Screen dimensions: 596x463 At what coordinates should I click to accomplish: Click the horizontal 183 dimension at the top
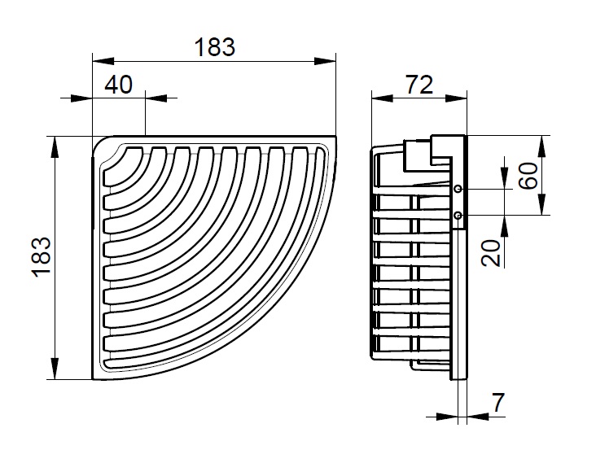[215, 47]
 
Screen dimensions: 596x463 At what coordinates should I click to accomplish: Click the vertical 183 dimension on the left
[41, 257]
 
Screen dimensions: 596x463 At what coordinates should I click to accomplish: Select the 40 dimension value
[119, 85]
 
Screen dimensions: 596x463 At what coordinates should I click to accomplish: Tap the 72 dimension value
[419, 85]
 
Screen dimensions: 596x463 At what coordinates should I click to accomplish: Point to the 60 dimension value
[529, 175]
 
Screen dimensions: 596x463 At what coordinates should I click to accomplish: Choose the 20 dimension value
[491, 252]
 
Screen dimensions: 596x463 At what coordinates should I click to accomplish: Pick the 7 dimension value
[498, 402]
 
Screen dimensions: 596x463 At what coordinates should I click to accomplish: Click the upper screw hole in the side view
[458, 189]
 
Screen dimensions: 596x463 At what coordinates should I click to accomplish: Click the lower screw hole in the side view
[458, 216]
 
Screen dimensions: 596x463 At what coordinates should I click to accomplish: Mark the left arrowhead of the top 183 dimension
[103, 61]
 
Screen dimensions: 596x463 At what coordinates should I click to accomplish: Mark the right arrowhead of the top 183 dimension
[326, 61]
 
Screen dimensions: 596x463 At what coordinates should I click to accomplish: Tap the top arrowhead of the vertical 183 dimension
[55, 146]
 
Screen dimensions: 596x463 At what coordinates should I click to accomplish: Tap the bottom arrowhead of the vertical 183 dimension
[55, 369]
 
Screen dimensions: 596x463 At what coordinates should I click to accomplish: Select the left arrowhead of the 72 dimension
[382, 98]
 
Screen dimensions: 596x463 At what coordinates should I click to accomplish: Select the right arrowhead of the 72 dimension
[456, 98]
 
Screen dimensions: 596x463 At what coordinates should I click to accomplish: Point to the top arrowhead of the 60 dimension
[541, 146]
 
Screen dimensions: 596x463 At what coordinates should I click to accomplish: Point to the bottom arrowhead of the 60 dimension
[541, 205]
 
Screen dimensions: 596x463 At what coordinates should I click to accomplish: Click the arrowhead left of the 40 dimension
[81, 98]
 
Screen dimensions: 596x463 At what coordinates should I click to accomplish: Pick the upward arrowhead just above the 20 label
[504, 226]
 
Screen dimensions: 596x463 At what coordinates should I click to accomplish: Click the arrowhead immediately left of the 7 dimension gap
[447, 417]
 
